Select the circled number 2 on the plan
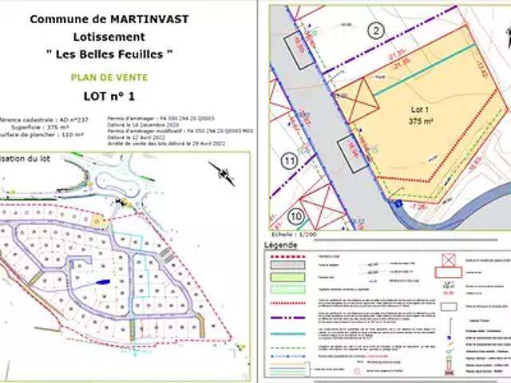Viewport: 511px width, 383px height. [x=375, y=31]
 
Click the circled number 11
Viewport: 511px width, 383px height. [x=288, y=162]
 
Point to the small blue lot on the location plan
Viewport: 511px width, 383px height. [x=101, y=282]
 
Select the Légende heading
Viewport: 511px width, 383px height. [x=280, y=245]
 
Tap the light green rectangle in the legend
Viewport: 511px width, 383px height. [x=286, y=275]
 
